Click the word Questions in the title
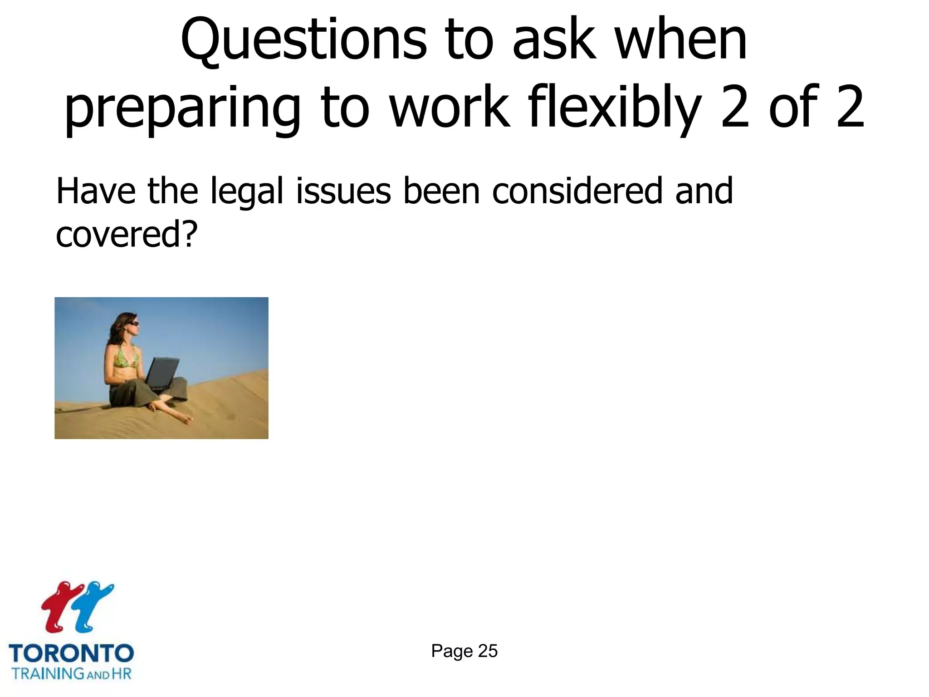pyautogui.click(x=303, y=41)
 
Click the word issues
pyautogui.click(x=343, y=191)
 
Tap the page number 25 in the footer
pyautogui.click(x=488, y=651)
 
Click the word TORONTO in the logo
pyautogui.click(x=71, y=653)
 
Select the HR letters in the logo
pyautogui.click(x=121, y=673)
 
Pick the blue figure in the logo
pyautogui.click(x=93, y=606)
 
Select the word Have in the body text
pyautogui.click(x=96, y=191)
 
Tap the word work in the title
pyautogui.click(x=449, y=109)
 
